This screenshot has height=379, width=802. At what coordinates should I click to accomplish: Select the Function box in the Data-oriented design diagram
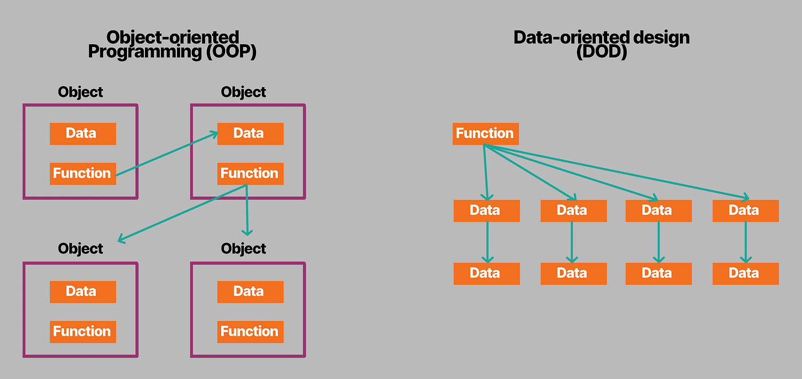click(x=485, y=134)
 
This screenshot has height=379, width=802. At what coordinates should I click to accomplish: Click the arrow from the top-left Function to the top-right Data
click(x=166, y=153)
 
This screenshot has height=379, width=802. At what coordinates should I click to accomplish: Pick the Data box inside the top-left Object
click(x=82, y=134)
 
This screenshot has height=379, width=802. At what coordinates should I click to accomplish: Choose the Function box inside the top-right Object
click(x=250, y=173)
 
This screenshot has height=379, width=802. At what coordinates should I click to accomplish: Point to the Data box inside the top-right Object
click(x=250, y=134)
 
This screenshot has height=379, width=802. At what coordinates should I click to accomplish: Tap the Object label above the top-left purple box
click(x=81, y=92)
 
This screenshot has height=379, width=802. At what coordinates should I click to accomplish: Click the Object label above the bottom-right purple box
click(x=243, y=249)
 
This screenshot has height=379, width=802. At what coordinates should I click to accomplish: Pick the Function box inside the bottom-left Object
click(x=82, y=331)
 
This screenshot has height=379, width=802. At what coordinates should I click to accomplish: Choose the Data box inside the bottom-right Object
click(x=250, y=292)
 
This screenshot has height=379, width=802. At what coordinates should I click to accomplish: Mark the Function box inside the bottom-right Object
click(x=250, y=331)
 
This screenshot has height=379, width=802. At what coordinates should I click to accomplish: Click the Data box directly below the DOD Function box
click(x=486, y=210)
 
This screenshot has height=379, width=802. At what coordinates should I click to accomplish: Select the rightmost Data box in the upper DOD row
click(x=745, y=210)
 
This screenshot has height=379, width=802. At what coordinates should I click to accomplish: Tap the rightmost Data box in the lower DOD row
click(x=745, y=273)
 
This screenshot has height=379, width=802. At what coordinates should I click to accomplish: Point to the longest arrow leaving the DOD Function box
click(x=619, y=171)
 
